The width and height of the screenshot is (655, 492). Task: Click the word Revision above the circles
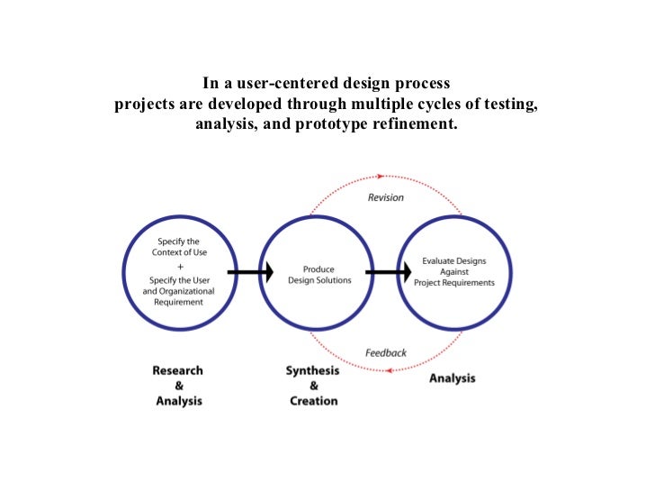(386, 197)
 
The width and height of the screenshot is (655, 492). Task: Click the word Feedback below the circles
(386, 352)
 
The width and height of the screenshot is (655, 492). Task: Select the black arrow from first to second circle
(250, 271)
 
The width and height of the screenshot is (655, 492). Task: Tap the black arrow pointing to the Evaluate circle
(382, 271)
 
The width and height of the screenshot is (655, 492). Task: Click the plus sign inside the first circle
(180, 267)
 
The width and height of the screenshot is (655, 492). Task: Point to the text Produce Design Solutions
(319, 275)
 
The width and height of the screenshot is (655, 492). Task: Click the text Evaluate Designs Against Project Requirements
(454, 271)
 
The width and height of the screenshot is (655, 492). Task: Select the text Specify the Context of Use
(180, 247)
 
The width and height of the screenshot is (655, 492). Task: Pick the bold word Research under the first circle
(178, 370)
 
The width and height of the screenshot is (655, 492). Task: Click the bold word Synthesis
(313, 370)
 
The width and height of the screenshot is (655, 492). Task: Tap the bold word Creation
(313, 401)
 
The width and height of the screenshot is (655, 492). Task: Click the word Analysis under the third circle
(453, 378)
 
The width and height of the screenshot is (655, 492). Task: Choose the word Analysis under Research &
(179, 401)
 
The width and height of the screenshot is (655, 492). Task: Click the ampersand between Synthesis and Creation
(313, 386)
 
